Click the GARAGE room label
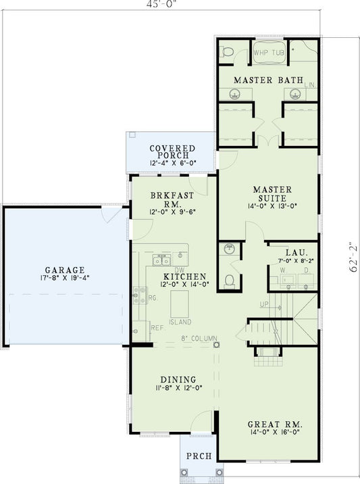61,268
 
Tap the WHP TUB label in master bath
268,51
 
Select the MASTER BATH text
267,80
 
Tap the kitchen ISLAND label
180,322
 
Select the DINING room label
178,379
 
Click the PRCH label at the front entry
197,456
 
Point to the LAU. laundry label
291,251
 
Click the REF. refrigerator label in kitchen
157,327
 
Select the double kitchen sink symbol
162,260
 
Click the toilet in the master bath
228,51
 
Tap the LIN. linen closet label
310,85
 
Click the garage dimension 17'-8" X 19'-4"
61,277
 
